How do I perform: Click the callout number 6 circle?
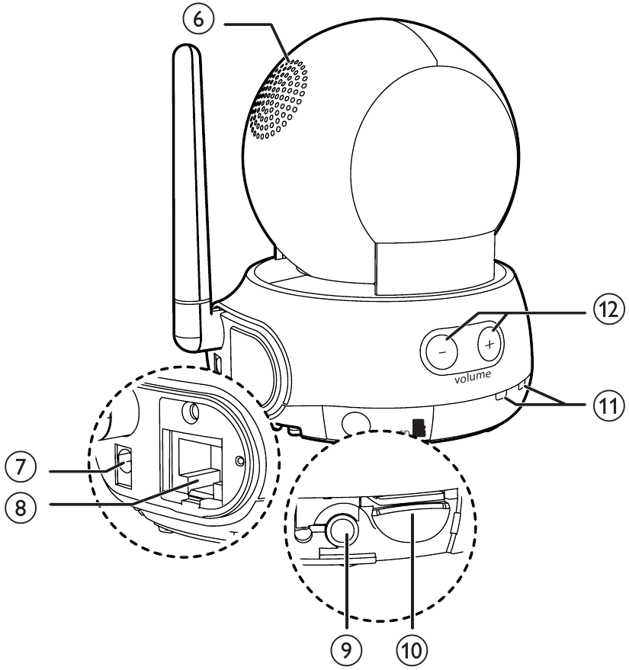(x=197, y=20)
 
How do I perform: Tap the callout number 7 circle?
(x=20, y=467)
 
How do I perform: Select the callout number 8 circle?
(x=20, y=508)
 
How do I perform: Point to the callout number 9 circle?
(x=346, y=650)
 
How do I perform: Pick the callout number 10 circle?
(x=412, y=650)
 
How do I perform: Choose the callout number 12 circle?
(x=608, y=309)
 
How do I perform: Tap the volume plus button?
(x=490, y=344)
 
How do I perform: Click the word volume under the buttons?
(x=473, y=377)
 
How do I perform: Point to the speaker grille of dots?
(x=278, y=99)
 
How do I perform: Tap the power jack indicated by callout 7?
(x=124, y=466)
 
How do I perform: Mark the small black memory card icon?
(x=419, y=428)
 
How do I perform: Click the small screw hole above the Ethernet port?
(x=191, y=412)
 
